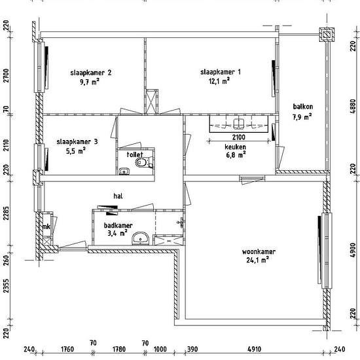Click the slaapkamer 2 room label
pos(91,73)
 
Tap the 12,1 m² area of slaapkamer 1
pos(219,81)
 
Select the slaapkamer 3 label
pos(77,141)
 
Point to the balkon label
pos(303,107)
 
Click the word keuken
pos(236,147)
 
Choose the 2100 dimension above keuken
pos(239,137)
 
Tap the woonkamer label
pos(259,251)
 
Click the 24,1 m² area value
pos(258,260)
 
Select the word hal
pos(118,196)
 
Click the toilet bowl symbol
pos(141,163)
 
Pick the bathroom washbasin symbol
pos(140,239)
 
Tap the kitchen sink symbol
pos(239,124)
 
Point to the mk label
pos(46,226)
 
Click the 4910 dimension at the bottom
pos(255,350)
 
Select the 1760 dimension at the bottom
pos(67,350)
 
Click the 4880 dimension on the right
pos(353,106)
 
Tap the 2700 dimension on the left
pos(7,75)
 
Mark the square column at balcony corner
pos(327,35)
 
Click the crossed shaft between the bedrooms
pos(151,101)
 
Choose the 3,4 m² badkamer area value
pos(117,233)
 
